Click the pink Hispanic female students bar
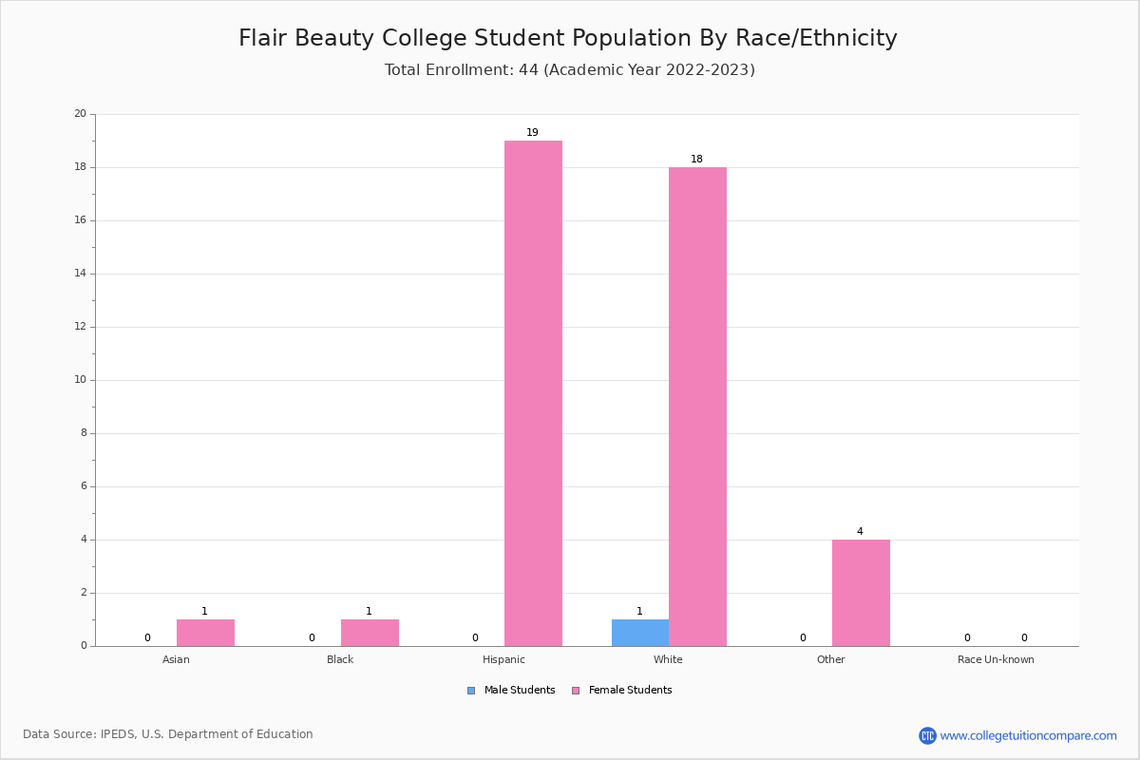point(533,393)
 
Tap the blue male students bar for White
point(639,633)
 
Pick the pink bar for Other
point(861,593)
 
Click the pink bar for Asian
point(205,633)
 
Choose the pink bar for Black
point(370,633)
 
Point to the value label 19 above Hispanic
point(532,133)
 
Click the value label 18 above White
point(696,160)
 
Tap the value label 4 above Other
point(860,532)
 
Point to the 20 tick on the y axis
point(80,114)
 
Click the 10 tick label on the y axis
point(80,380)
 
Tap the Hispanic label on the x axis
point(503,659)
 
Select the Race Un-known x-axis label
point(996,659)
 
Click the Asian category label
point(176,659)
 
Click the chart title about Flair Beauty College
point(568,38)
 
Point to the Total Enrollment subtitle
point(570,69)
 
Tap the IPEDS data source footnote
point(168,734)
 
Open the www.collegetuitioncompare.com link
point(1028,735)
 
